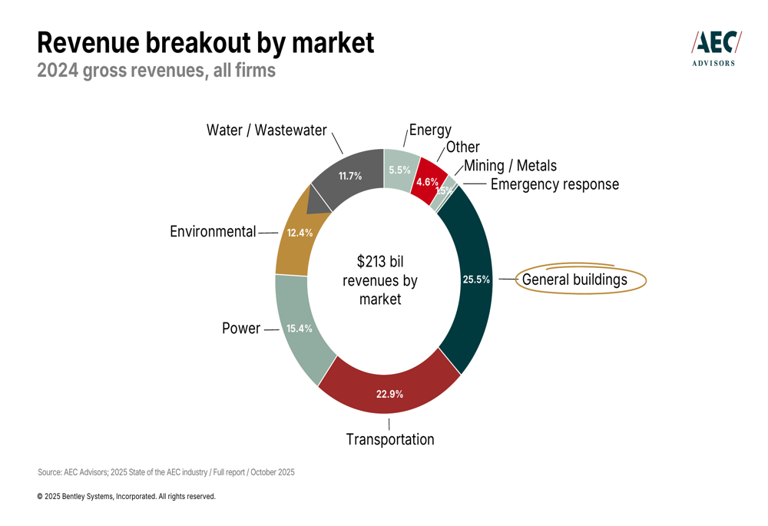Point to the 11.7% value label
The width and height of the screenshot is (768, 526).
coord(350,176)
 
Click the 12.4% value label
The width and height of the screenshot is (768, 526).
coord(300,233)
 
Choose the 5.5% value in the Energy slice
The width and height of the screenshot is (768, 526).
coord(399,170)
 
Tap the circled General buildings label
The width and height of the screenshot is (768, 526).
coord(574,280)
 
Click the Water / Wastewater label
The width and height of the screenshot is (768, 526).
coord(266,131)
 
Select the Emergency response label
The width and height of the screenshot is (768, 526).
coord(554,184)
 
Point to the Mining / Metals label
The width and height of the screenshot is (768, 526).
coord(510,165)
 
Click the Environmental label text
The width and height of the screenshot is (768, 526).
coord(213,231)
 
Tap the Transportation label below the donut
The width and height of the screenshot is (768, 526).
coord(389,439)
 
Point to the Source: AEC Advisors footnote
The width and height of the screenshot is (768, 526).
coord(166,472)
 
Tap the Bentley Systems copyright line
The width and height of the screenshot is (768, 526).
coord(126,497)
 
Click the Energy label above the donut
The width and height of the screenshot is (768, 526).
coord(430,130)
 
